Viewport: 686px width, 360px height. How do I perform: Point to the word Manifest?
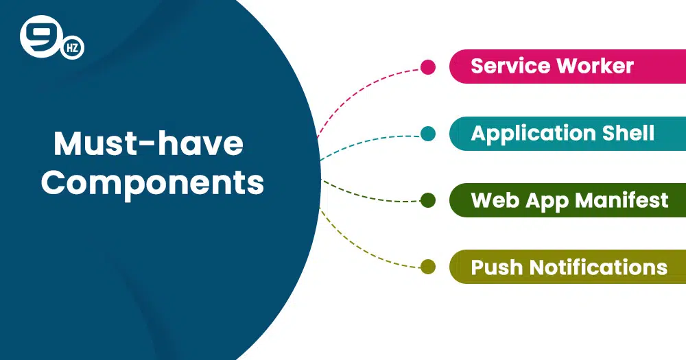coord(622,200)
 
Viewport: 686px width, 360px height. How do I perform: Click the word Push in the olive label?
coord(497,267)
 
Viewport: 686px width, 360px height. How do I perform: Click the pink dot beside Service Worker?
coord(428,67)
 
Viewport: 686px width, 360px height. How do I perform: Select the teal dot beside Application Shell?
coord(428,134)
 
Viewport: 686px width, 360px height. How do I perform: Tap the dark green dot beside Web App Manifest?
coord(428,200)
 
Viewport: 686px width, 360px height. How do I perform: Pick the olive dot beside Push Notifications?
coord(428,267)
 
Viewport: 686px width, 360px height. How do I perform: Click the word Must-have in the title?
coord(148,143)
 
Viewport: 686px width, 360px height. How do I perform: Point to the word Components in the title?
coord(153,183)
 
